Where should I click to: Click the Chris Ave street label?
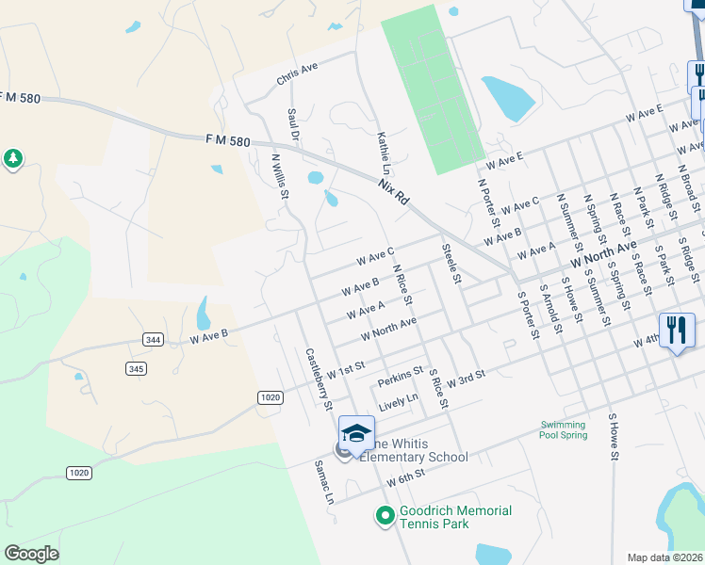pos(298,74)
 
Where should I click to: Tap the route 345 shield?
pos(137,368)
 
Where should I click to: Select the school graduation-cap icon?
pos(356,431)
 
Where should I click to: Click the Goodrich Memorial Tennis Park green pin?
pos(384,515)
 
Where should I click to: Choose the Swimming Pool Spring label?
pos(564,429)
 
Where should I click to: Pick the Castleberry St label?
pos(319,379)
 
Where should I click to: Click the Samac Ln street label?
pos(325,482)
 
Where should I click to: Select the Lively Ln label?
pos(398,403)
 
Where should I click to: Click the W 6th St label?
pos(407,479)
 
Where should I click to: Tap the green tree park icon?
pos(13,159)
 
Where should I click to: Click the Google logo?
pos(31,554)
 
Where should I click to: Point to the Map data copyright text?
pos(664,557)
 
